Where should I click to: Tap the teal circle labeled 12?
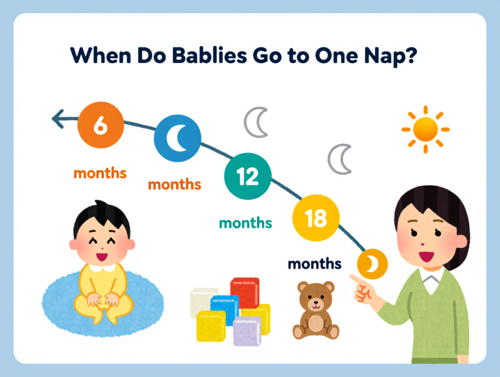click(x=248, y=176)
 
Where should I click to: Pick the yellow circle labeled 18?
click(x=315, y=218)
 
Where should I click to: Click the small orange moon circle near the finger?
click(x=372, y=264)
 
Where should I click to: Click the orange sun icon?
click(x=425, y=129)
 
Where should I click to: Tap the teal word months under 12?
click(x=245, y=223)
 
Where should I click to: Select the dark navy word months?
click(x=314, y=264)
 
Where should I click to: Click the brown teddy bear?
click(x=315, y=310)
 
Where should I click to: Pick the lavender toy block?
click(x=247, y=330)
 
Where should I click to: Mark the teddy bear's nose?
click(x=315, y=307)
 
